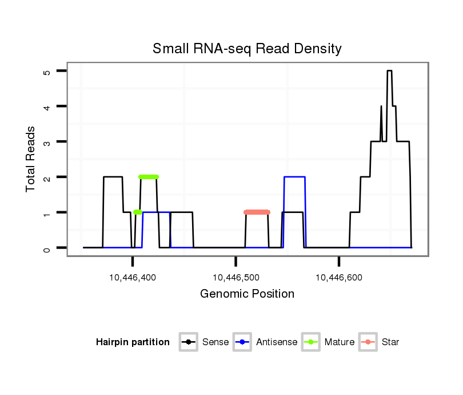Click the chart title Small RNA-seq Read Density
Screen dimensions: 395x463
247,49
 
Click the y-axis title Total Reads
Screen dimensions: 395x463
31,159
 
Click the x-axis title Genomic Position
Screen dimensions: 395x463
247,294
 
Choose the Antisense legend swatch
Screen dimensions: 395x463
242,342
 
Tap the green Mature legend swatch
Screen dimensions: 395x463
310,342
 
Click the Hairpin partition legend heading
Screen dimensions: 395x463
133,342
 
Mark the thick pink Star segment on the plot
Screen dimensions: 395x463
257,212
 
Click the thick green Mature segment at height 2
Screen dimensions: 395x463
149,177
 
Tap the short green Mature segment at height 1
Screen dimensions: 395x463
138,212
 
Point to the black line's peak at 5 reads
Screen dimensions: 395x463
389,71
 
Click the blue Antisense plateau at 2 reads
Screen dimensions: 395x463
294,177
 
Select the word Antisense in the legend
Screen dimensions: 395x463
277,342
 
